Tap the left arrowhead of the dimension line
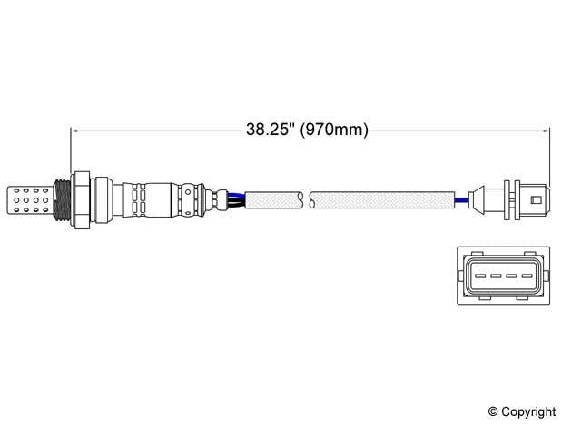pos(75,130)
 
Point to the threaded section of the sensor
pos(64,198)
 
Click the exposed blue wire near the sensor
pos(237,192)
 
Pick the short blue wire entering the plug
pos(462,198)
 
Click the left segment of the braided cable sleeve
pos(275,198)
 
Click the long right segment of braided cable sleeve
pos(381,198)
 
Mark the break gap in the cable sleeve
pos(308,198)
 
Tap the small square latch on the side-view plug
pos(537,198)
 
